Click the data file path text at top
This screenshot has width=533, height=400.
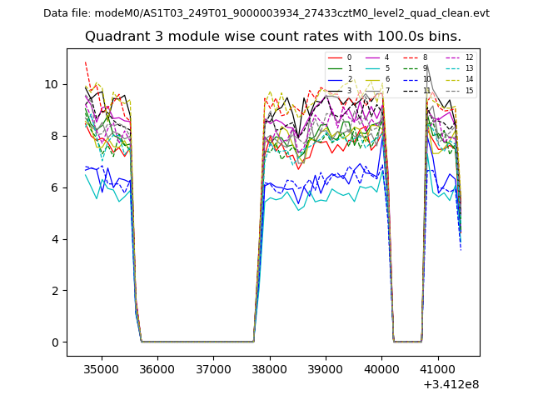(x=266, y=13)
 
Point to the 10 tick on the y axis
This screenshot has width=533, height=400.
(x=52, y=84)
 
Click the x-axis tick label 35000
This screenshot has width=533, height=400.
(x=102, y=368)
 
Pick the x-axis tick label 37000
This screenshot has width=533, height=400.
(x=213, y=368)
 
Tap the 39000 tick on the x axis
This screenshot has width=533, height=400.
(x=325, y=368)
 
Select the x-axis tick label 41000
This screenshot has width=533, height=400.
(x=437, y=368)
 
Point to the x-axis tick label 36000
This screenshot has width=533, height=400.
(x=157, y=368)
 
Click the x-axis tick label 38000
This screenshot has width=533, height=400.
(x=269, y=368)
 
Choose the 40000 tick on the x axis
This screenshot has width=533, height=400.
(x=381, y=368)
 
